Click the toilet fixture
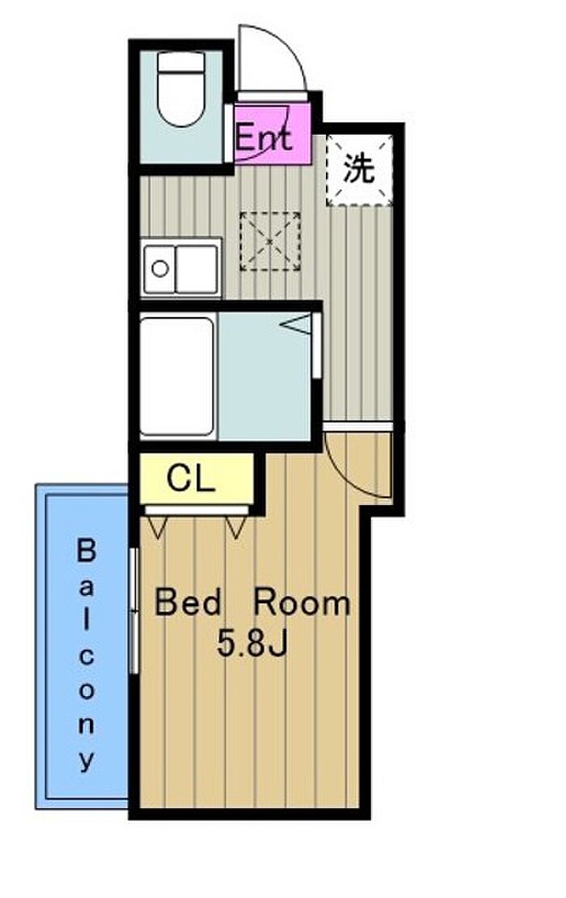(x=180, y=89)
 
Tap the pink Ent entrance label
(x=264, y=137)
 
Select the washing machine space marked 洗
(x=359, y=170)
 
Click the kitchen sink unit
(x=181, y=268)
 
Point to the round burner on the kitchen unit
(x=160, y=268)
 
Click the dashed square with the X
(x=270, y=241)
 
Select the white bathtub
(x=177, y=377)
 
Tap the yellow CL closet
(x=196, y=479)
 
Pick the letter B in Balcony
(x=86, y=550)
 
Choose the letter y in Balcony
(x=86, y=760)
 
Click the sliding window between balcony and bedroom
(x=134, y=610)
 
